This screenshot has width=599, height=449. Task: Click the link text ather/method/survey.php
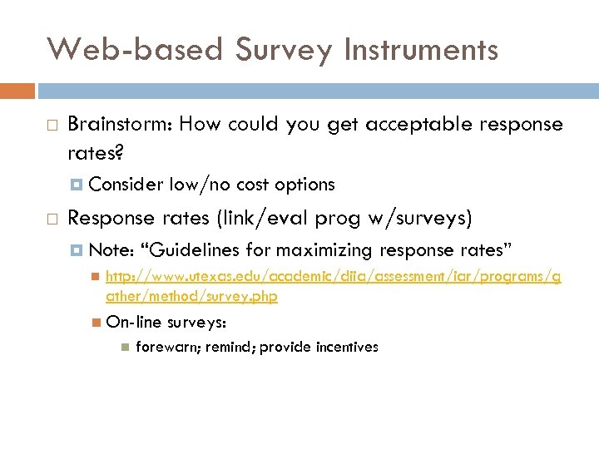pyautogui.click(x=191, y=297)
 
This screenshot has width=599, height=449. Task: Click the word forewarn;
pyautogui.click(x=166, y=347)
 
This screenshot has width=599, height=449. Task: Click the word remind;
pyautogui.click(x=229, y=347)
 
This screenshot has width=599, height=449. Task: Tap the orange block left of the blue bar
pyautogui.click(x=17, y=90)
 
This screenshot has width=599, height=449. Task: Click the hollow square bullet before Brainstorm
pyautogui.click(x=51, y=126)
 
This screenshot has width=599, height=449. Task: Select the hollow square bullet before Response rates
pyautogui.click(x=51, y=220)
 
